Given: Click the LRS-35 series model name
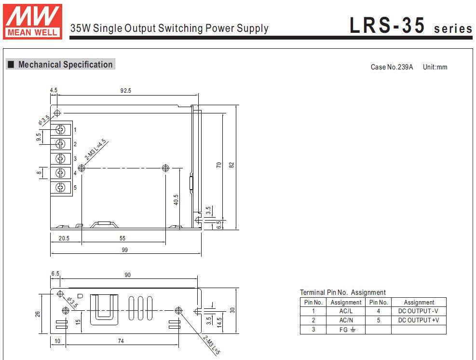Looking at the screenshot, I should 410,26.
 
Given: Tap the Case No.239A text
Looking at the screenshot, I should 392,67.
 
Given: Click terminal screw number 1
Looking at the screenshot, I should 61,129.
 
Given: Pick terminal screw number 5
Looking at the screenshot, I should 61,187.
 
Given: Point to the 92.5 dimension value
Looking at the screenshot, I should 126,90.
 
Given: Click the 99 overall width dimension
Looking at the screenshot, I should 125,250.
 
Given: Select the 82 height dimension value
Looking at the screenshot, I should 232,165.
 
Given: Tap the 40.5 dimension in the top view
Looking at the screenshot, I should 176,199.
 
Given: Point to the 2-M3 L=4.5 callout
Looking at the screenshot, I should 96,150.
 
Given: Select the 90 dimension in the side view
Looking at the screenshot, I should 128,275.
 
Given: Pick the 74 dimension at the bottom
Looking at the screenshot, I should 121,341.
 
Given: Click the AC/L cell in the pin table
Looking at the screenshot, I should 346,311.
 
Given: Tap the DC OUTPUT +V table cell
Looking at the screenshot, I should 418,320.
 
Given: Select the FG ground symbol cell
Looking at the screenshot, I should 346,330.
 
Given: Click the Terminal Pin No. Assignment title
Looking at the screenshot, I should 342,292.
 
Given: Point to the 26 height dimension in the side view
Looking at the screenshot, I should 38,314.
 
